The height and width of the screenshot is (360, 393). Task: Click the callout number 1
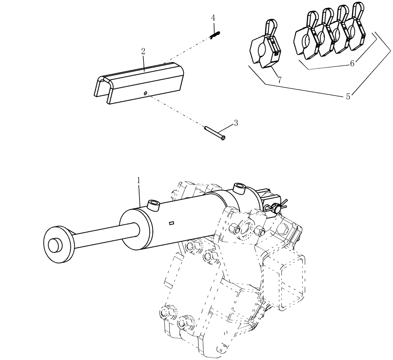coord(138,180)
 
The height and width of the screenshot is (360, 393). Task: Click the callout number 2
coord(143,51)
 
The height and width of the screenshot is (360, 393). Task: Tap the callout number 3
coord(236,123)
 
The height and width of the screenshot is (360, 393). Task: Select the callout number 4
coord(213,18)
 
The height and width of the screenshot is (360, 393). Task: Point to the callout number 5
coord(348,97)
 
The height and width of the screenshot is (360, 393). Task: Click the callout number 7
coord(279,80)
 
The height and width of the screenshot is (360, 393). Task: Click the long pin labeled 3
coord(215,132)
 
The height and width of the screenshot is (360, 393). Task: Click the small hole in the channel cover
coord(145,93)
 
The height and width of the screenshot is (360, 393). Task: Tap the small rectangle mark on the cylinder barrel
coord(171,224)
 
